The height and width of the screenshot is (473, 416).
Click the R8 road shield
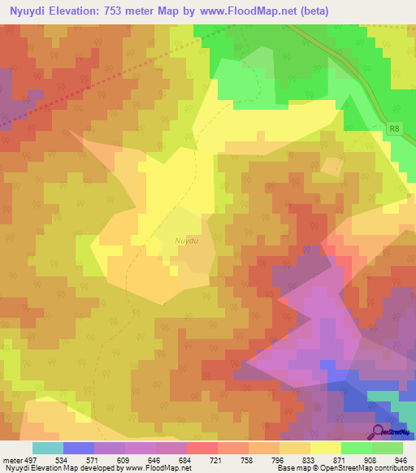tap(395, 128)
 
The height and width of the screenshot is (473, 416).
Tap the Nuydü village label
tap(186, 241)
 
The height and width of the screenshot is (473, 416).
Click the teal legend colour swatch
tap(48, 448)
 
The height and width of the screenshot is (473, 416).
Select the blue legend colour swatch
tap(79, 448)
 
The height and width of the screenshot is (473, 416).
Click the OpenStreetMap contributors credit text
tap(367, 468)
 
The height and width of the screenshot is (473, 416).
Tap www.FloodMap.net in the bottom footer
tap(153, 468)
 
